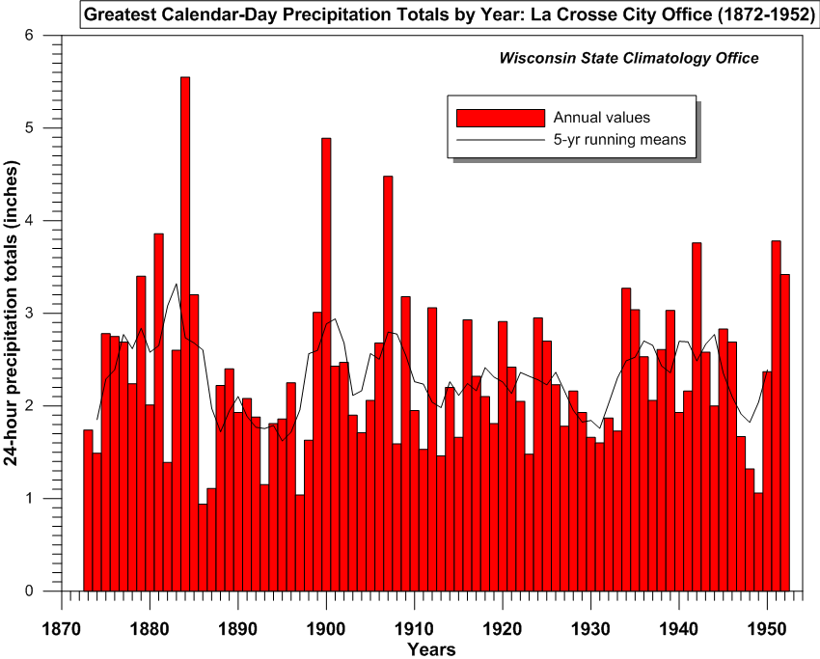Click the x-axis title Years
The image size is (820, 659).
[431, 649]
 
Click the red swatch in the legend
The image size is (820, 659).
[501, 118]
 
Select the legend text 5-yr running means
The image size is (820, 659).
[618, 140]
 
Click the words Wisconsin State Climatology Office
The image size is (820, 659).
[628, 58]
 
